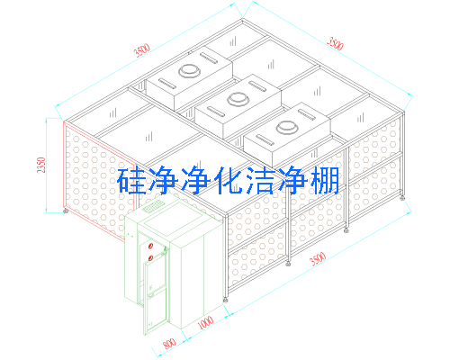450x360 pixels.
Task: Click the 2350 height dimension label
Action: pos(41,165)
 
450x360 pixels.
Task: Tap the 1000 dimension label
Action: pos(206,322)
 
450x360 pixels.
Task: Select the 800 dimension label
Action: pos(169,344)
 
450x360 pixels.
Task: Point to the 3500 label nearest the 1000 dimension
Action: pos(318,258)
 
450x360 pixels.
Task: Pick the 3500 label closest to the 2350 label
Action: pos(142,50)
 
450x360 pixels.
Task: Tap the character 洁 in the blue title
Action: pos(260,181)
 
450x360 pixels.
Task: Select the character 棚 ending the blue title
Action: pos(325,181)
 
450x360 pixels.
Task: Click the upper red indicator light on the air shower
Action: pos(151,247)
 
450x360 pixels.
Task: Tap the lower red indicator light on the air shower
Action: pos(151,257)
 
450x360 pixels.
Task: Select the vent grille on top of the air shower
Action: pos(152,207)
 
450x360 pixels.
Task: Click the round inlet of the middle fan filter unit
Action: pos(238,99)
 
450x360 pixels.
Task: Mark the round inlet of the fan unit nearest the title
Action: pos(287,127)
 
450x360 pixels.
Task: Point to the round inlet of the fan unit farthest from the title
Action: pos(189,71)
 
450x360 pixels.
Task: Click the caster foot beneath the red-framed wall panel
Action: pos(66,211)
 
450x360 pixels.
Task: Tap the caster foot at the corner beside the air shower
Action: pos(225,300)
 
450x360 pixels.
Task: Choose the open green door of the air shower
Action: pos(155,297)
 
